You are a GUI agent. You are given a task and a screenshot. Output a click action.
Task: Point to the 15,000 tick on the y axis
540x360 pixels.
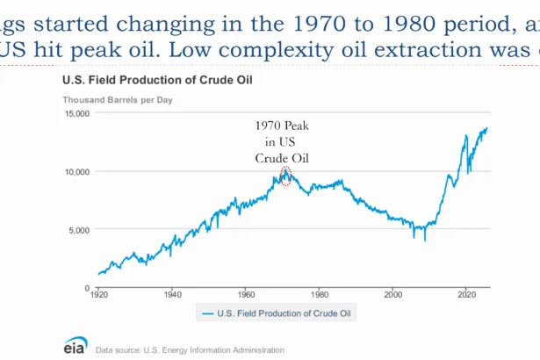(x=77, y=114)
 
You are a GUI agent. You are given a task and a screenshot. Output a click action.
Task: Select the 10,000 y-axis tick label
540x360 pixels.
(x=77, y=172)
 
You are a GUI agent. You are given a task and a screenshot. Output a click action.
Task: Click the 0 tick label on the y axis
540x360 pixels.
(x=87, y=288)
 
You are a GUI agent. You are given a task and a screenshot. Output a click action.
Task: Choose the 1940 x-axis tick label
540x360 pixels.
(x=172, y=297)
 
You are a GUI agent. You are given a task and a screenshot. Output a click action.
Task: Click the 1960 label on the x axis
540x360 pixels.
(x=246, y=297)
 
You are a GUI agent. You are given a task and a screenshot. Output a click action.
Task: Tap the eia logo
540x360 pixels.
(x=75, y=346)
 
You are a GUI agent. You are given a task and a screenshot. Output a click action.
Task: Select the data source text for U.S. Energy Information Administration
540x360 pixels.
(x=191, y=349)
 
